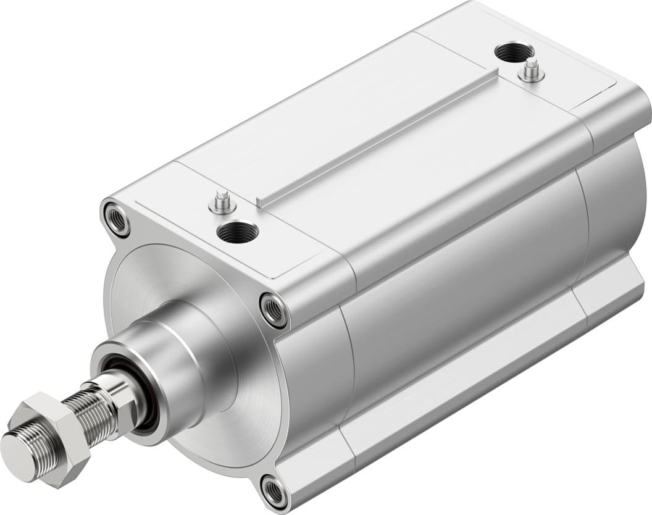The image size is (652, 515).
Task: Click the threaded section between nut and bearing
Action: [x=93, y=404]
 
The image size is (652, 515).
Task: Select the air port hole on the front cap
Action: [x=238, y=233]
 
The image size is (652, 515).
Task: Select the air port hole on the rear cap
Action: [x=514, y=53]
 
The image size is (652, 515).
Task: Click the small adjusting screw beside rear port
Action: [x=532, y=71]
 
